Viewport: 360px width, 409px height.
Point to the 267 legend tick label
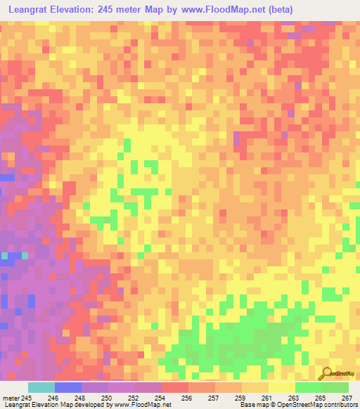click(x=347, y=397)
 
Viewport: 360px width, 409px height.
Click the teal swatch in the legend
click(x=41, y=387)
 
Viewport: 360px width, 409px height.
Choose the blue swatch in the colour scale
click(x=67, y=387)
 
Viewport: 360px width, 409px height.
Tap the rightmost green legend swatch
click(x=335, y=387)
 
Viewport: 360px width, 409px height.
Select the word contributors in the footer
click(x=340, y=405)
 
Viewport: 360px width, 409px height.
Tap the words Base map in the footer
click(x=251, y=405)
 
